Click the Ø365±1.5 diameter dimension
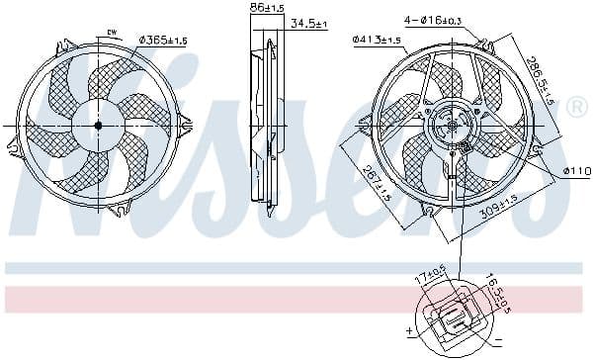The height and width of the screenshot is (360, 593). point(165,40)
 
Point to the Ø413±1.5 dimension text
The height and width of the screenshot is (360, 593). point(377,40)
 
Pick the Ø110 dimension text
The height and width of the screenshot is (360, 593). point(575,171)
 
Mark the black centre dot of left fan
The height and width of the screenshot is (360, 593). point(98,126)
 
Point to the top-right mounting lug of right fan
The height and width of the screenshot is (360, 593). point(485,45)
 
